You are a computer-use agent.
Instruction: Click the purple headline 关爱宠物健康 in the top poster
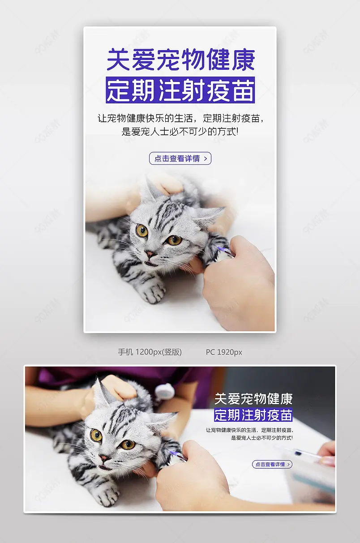pos(180,60)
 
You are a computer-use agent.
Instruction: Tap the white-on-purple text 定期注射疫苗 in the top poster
pos(180,90)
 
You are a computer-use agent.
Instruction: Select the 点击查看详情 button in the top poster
pos(180,158)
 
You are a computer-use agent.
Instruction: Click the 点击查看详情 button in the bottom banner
pos(272,464)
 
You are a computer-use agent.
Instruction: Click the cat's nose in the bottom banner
pos(103,458)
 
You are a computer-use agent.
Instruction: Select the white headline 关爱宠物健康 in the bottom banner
pos(253,398)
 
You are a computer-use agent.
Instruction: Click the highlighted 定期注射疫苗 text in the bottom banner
pos(253,415)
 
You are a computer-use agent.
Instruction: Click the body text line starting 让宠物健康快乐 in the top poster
pos(180,119)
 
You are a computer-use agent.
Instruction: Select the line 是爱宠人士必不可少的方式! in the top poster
pos(180,132)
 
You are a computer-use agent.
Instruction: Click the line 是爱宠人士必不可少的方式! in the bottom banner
pos(262,438)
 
